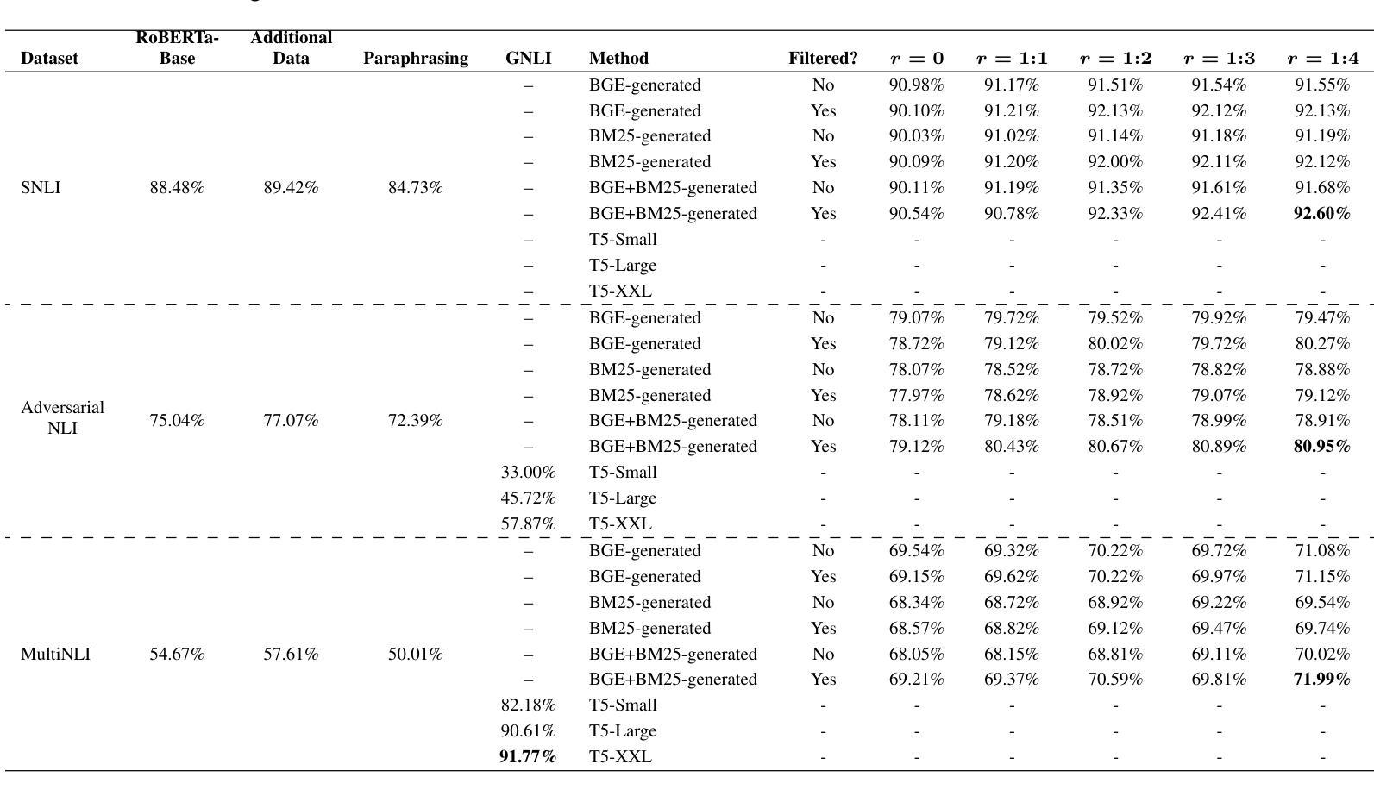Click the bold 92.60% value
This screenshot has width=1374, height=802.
click(1322, 213)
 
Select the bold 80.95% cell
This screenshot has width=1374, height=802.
click(1322, 447)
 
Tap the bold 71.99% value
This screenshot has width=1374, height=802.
click(1322, 680)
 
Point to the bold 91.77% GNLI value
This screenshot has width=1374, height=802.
click(528, 756)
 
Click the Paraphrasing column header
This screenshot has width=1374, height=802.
click(415, 59)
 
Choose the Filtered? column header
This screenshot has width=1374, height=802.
click(823, 59)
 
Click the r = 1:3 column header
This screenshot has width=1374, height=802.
click(1219, 59)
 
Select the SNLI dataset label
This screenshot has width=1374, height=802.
click(41, 188)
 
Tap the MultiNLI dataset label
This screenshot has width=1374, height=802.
click(55, 655)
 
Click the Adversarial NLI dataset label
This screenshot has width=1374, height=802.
click(63, 417)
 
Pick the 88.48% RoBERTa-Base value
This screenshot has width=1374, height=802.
click(177, 188)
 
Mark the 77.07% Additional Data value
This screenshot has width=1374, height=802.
click(291, 421)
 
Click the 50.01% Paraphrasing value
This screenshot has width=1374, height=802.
click(415, 655)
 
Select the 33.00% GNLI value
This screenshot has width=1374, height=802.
click(528, 472)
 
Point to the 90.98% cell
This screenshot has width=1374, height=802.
click(916, 85)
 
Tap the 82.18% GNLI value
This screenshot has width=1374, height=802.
click(528, 705)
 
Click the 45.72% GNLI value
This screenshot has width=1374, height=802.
click(528, 498)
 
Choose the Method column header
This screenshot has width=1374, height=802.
click(618, 59)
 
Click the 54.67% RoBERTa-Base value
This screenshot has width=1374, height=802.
click(177, 655)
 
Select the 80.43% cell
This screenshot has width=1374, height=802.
click(1012, 447)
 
